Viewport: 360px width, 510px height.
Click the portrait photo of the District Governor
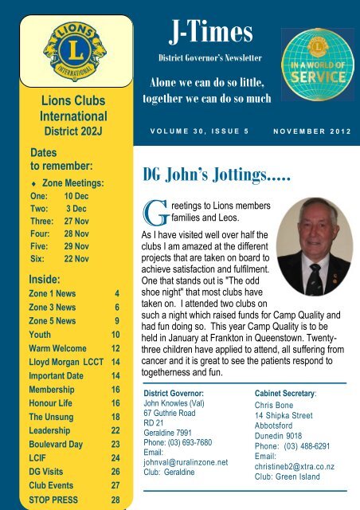pyautogui.click(x=307, y=246)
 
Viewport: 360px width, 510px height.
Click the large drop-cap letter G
pyautogui.click(x=153, y=214)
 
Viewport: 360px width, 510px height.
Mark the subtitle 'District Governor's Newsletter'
pyautogui.click(x=210, y=61)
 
